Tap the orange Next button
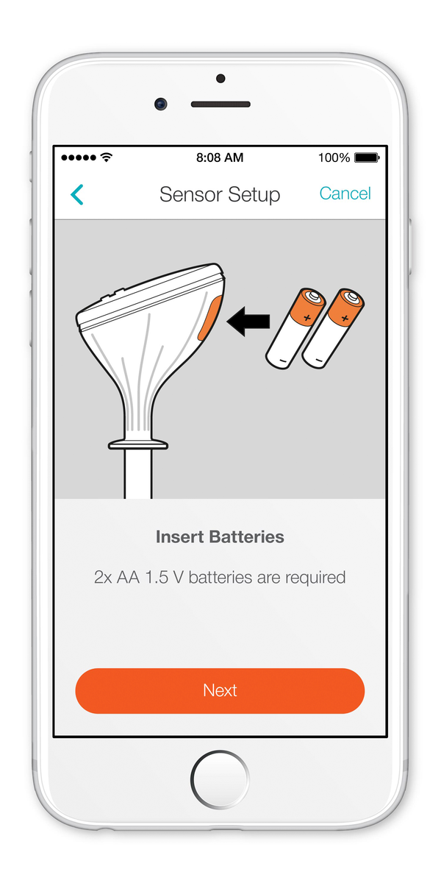point(220,691)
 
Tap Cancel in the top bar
point(345,194)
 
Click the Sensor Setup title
point(220,195)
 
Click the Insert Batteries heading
point(220,537)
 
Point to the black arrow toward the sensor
point(248,322)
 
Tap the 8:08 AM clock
point(220,157)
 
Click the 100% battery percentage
point(334,157)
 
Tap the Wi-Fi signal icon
point(107,157)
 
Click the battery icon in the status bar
point(367,157)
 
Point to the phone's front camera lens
point(161,104)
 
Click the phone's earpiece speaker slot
point(220,104)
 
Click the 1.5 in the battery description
point(157,578)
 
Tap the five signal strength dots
point(79,157)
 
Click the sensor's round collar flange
point(138,444)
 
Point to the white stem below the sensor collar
point(138,474)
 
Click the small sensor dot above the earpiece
point(220,79)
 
